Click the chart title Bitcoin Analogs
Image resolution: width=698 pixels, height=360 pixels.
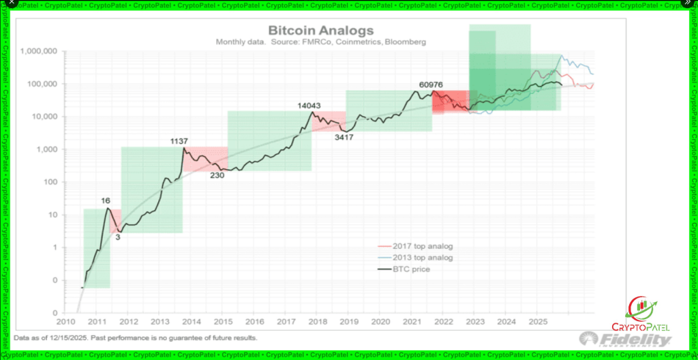click(x=321, y=31)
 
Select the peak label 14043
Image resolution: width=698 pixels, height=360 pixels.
click(x=309, y=106)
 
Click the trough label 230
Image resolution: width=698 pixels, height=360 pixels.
click(x=217, y=175)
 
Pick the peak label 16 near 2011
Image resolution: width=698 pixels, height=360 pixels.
click(x=106, y=200)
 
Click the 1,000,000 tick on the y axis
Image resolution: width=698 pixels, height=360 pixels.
click(x=39, y=51)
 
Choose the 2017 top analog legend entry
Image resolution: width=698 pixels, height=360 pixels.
click(x=423, y=245)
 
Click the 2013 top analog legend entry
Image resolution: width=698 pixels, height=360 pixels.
click(x=423, y=257)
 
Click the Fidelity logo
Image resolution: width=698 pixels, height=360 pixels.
click(x=625, y=339)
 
